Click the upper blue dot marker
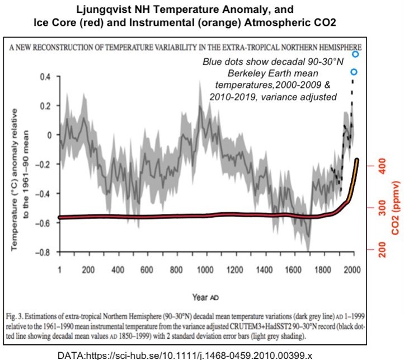pyautogui.click(x=355, y=54)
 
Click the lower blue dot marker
pyautogui.click(x=353, y=72)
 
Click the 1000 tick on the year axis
pyautogui.click(x=203, y=269)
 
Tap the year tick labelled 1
pyautogui.click(x=60, y=269)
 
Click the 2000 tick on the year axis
pyautogui.click(x=351, y=269)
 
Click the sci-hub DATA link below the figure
pyautogui.click(x=202, y=354)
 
